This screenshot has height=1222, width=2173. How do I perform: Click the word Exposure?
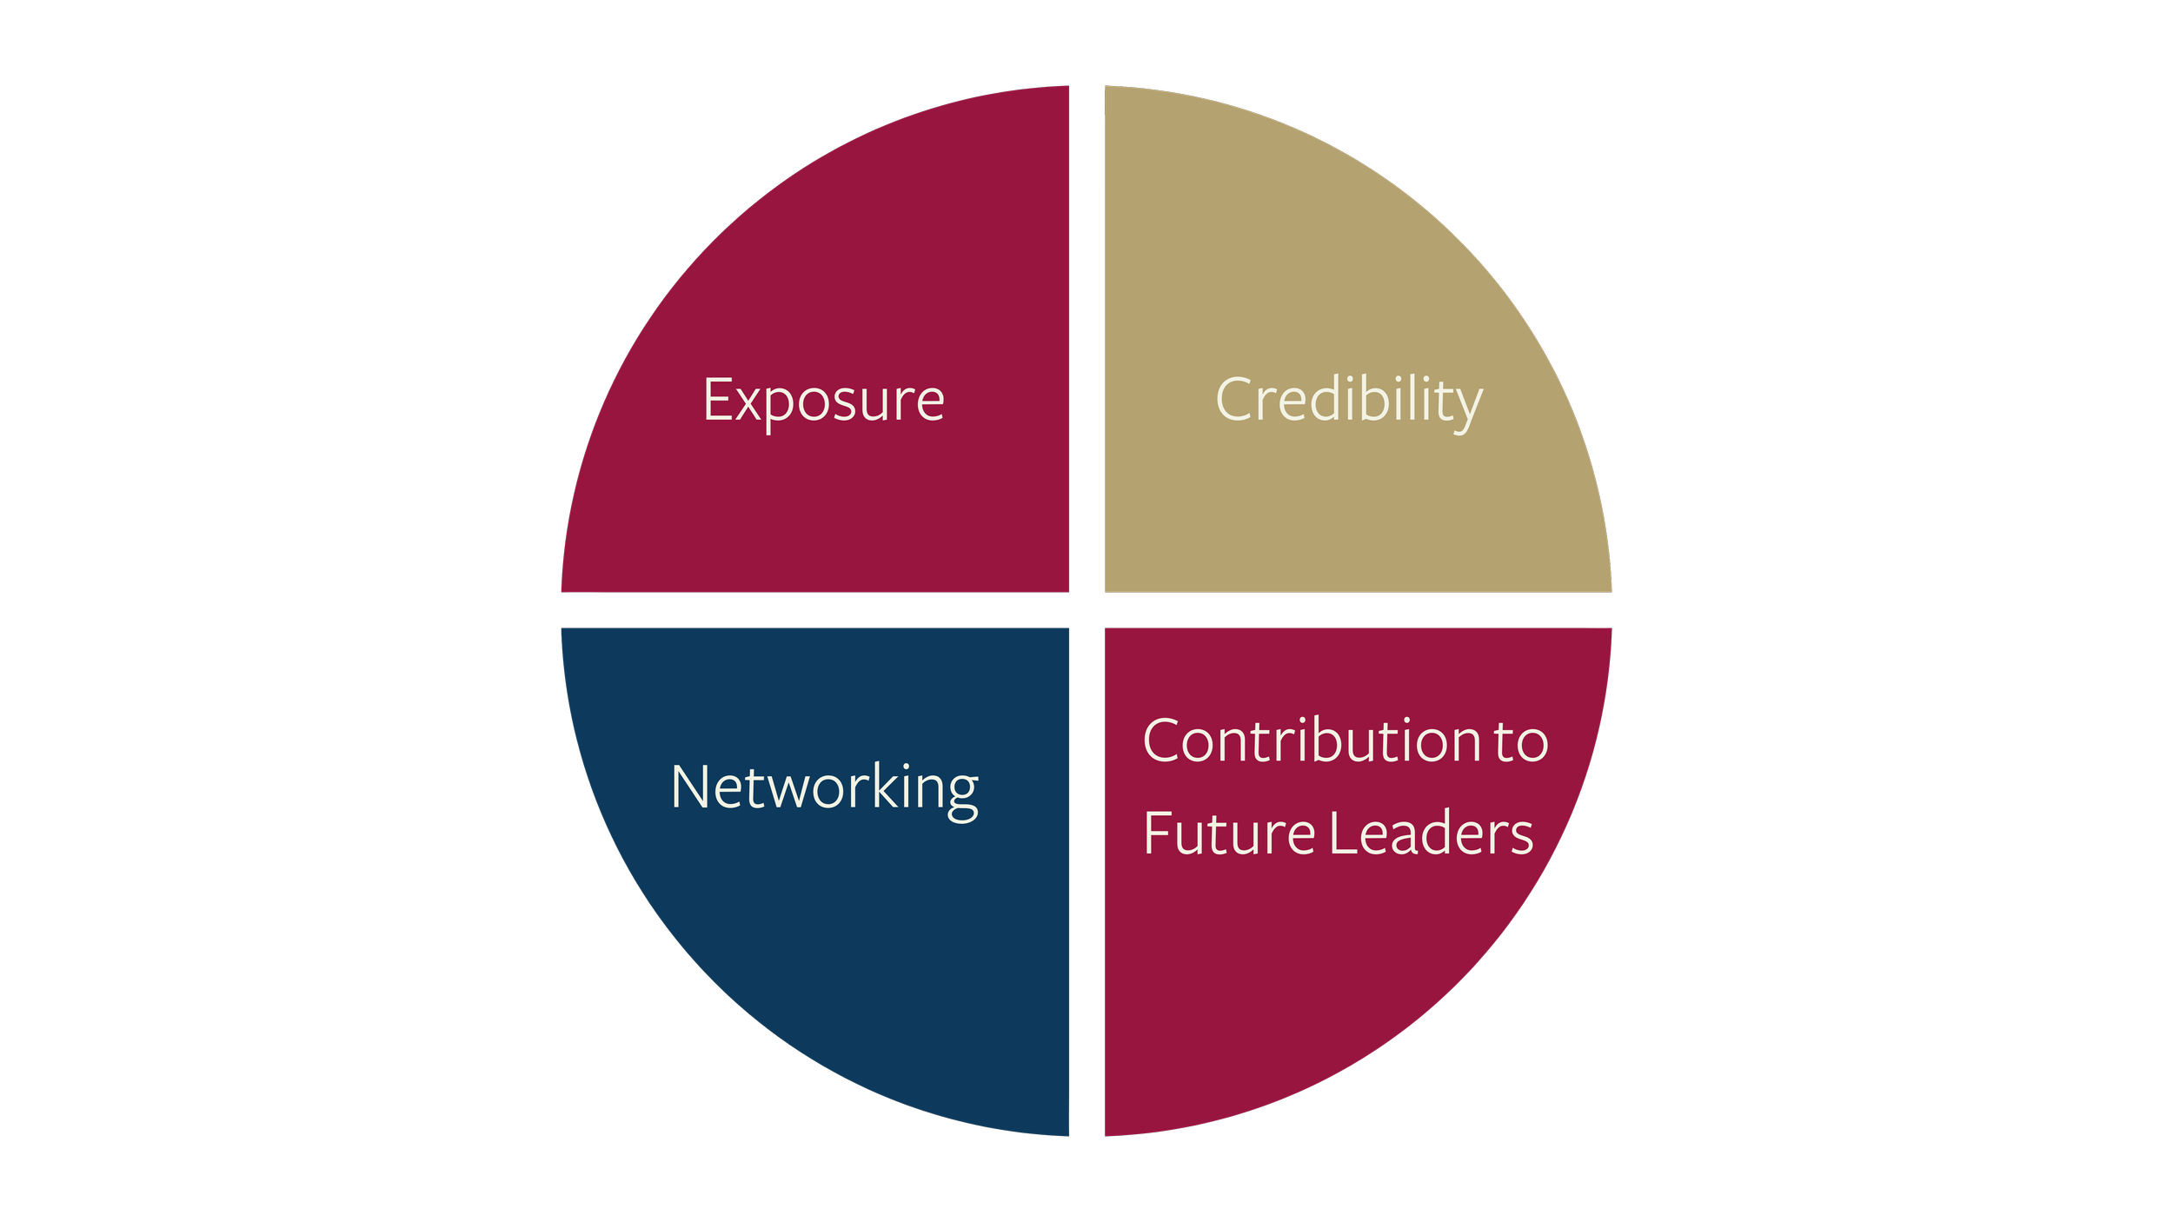[823, 401]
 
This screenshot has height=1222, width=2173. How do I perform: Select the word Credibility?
[1348, 401]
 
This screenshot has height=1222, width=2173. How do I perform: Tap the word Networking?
[824, 788]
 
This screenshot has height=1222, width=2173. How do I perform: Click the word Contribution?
[1311, 741]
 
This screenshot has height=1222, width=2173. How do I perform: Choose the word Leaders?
[1432, 833]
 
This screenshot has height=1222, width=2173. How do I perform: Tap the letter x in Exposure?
[747, 403]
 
